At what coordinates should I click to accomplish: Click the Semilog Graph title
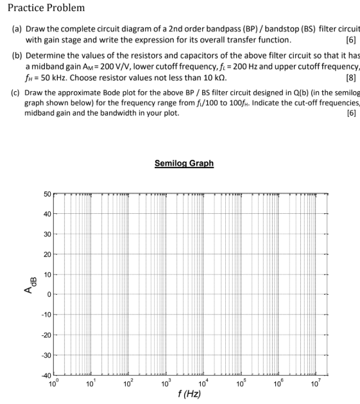[x=184, y=163]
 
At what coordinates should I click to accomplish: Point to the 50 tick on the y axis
[x=46, y=194]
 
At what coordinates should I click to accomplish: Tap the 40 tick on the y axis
[x=46, y=215]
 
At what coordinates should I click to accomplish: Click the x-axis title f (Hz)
[x=189, y=393]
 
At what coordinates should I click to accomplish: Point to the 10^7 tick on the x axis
[x=327, y=384]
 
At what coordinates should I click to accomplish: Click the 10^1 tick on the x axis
[x=91, y=384]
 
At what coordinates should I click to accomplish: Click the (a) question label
[x=17, y=29]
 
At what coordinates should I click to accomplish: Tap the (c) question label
[x=17, y=92]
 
